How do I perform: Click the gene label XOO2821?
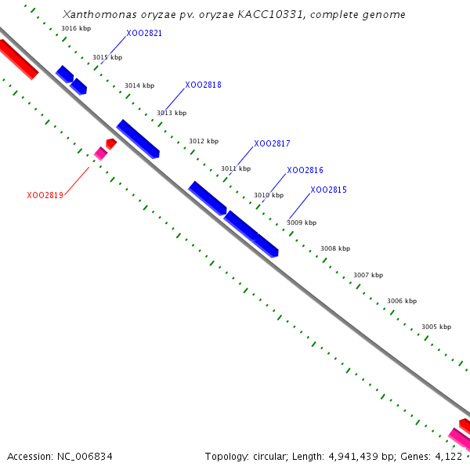(144, 34)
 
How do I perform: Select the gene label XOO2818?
(203, 85)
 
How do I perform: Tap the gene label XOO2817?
(272, 144)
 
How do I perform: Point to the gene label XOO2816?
(305, 170)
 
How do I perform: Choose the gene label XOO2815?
(328, 190)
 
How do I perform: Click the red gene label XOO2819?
(45, 195)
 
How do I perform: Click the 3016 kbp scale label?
(76, 28)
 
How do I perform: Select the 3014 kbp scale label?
(139, 85)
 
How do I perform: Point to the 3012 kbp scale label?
(204, 141)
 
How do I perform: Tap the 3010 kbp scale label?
(269, 195)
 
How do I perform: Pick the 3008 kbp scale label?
(334, 248)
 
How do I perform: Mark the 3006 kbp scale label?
(401, 301)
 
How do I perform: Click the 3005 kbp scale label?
(436, 327)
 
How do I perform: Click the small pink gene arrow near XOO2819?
(100, 154)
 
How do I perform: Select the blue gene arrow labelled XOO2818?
(138, 139)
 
